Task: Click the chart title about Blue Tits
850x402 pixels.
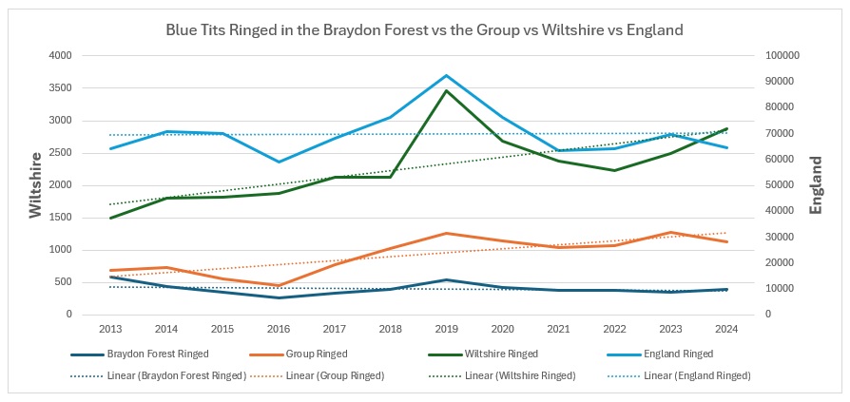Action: pyautogui.click(x=424, y=29)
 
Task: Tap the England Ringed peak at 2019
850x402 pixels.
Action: pyautogui.click(x=447, y=75)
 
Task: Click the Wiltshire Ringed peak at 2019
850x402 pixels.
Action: pyautogui.click(x=447, y=90)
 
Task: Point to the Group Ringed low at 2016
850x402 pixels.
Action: pyautogui.click(x=279, y=285)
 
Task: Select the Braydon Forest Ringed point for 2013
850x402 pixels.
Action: pyautogui.click(x=110, y=277)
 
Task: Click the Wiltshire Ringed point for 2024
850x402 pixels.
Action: pyautogui.click(x=727, y=128)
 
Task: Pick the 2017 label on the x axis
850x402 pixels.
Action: pyautogui.click(x=335, y=330)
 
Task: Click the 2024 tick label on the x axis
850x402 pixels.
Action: pyautogui.click(x=727, y=330)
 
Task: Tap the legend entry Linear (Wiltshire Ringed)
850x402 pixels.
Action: pyautogui.click(x=520, y=375)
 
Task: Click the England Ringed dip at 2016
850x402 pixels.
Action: pyautogui.click(x=279, y=162)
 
